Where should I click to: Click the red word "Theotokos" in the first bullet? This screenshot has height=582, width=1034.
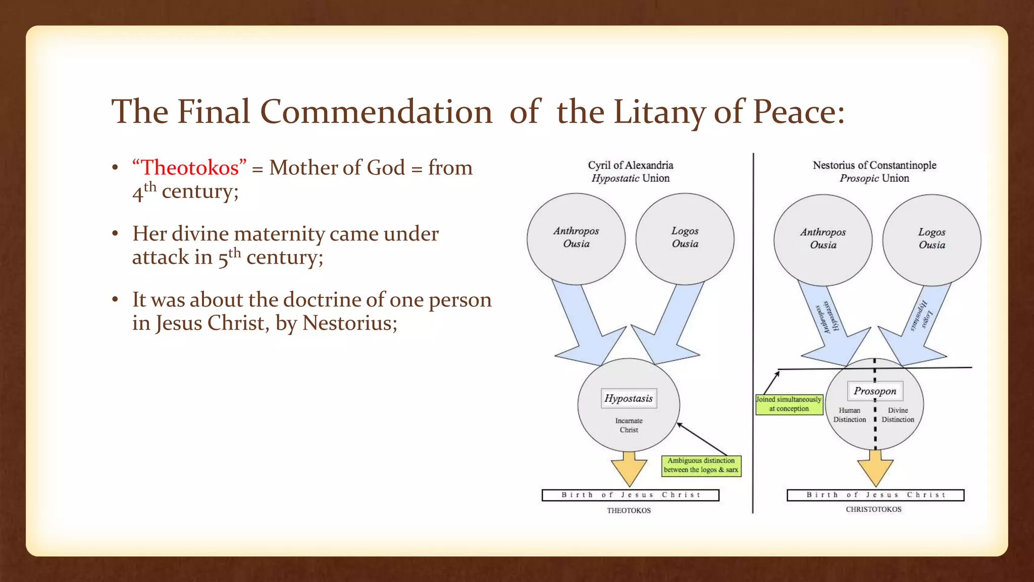click(189, 168)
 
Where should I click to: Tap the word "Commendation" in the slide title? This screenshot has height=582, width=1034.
click(376, 112)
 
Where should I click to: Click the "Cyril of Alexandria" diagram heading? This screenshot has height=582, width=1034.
click(630, 165)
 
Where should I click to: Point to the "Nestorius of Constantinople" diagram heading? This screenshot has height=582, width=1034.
click(874, 165)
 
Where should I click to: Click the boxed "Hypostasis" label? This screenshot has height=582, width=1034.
click(629, 399)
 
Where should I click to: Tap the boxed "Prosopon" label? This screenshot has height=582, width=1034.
click(875, 391)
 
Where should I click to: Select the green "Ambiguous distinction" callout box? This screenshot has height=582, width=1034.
click(701, 465)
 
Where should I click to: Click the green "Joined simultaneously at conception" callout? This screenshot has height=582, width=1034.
click(789, 404)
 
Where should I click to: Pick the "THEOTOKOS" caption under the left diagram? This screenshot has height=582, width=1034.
click(629, 511)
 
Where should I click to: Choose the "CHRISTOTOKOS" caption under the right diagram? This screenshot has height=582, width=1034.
click(873, 509)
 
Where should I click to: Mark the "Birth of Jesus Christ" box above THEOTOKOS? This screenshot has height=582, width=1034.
click(630, 495)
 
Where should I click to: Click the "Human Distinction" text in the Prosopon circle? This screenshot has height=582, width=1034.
click(849, 415)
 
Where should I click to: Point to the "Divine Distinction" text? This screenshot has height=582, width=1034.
click(898, 415)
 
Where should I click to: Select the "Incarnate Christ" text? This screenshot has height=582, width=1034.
click(629, 425)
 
